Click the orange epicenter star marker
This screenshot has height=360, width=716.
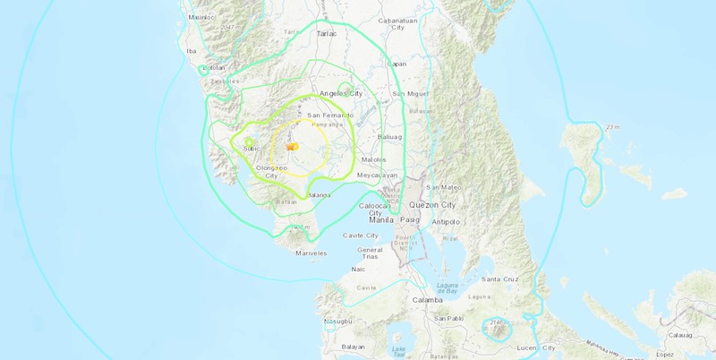pyautogui.click(x=291, y=147)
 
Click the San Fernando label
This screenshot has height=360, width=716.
pyautogui.click(x=331, y=116)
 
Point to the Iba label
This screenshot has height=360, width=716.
pyautogui.click(x=189, y=51)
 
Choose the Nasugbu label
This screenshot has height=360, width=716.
pyautogui.click(x=337, y=320)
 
